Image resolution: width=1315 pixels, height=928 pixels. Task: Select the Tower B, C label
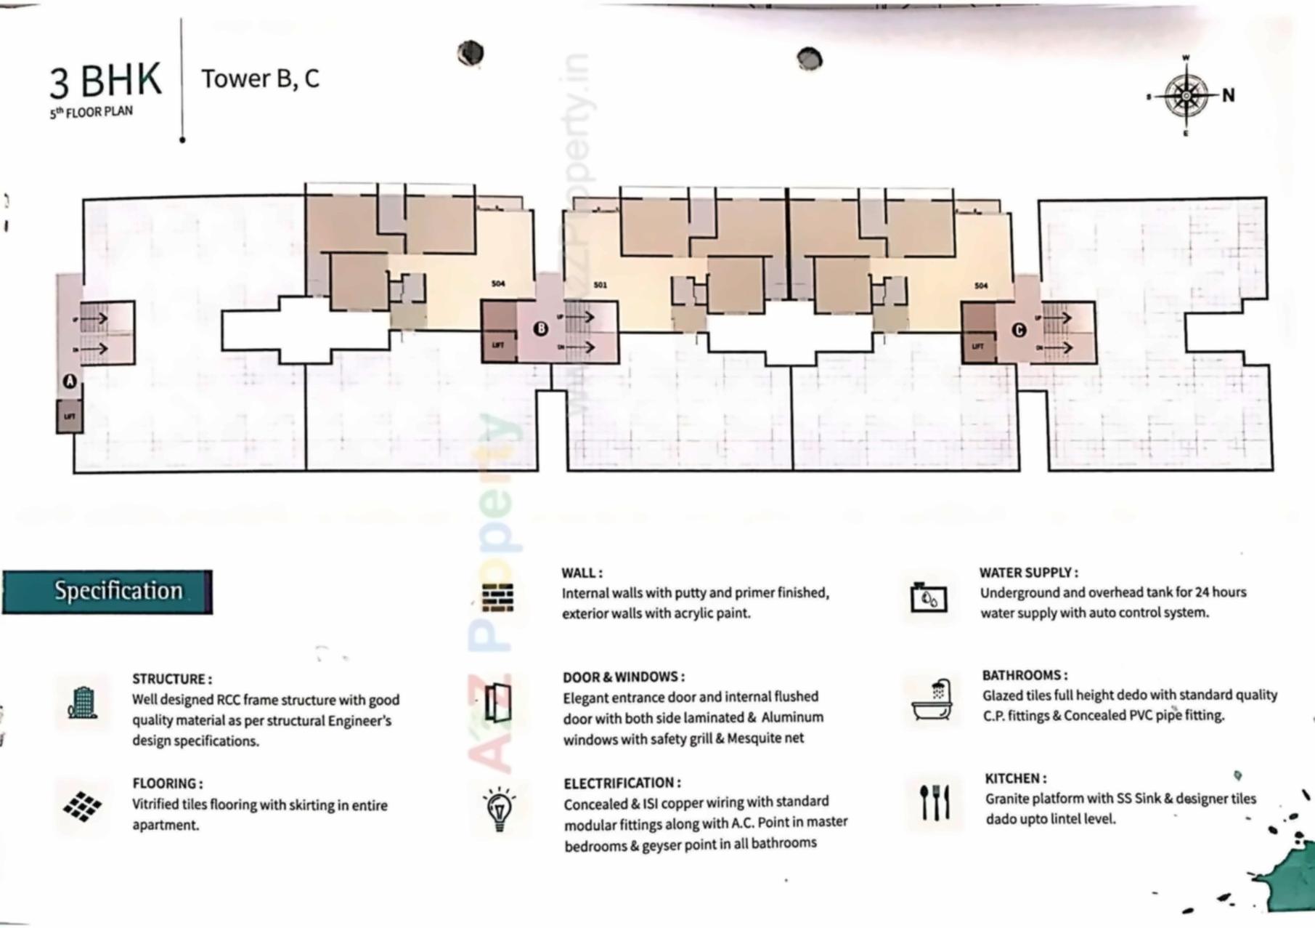[x=260, y=78]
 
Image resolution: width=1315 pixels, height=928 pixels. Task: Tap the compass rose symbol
[x=1186, y=95]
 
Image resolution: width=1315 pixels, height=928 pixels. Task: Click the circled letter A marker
[x=70, y=381]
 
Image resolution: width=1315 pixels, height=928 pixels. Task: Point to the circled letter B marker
[x=540, y=328]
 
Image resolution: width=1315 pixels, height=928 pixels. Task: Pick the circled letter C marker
[x=1018, y=330]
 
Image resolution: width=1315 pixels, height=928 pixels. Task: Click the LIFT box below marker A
[x=70, y=416]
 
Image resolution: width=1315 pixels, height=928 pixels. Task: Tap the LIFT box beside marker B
[x=498, y=346]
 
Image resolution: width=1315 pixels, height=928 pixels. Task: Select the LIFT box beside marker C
[x=977, y=347]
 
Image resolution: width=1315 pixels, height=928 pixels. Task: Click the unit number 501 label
[x=600, y=285]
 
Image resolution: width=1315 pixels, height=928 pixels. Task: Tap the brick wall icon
[x=498, y=597]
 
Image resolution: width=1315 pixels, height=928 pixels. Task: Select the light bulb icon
[x=499, y=809]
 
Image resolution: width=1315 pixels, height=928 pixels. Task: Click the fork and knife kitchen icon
[x=934, y=802]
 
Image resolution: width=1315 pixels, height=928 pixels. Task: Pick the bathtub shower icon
[x=932, y=700]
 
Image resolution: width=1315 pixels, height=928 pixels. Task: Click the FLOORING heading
[x=168, y=783]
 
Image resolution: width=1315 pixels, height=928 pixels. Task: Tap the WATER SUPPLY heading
[x=1028, y=573]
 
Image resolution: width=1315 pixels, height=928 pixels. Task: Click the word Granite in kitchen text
[x=1006, y=799]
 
